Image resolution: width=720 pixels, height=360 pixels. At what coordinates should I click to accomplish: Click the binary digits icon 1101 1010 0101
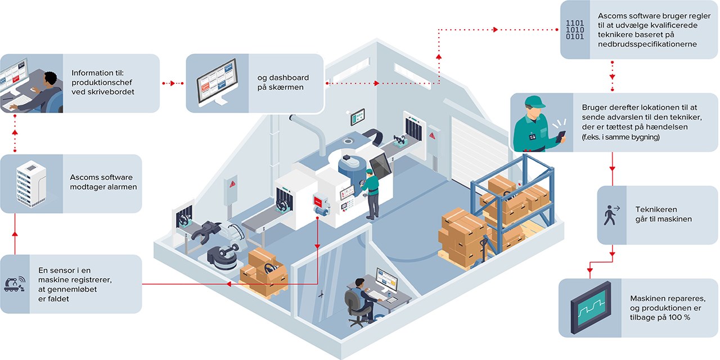tap(575, 30)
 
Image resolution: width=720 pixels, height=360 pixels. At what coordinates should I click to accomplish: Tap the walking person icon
tap(610, 215)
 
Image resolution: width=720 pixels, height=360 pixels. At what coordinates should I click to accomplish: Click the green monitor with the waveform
tap(590, 308)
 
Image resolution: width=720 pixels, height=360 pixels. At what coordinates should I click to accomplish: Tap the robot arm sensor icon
tap(15, 283)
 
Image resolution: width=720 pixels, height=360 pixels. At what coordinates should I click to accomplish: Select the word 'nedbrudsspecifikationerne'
tap(647, 44)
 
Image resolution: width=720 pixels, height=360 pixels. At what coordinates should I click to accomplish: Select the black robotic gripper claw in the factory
tap(206, 231)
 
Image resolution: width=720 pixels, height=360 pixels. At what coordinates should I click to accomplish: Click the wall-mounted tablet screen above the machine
tap(357, 116)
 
